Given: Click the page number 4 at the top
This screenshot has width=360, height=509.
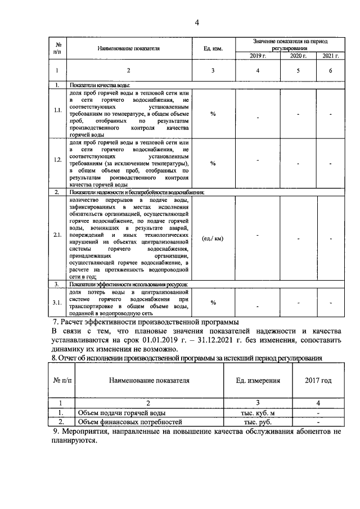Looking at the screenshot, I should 197,22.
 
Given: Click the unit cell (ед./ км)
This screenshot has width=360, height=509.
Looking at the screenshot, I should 213,238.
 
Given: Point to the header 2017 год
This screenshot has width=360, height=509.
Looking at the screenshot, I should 318,381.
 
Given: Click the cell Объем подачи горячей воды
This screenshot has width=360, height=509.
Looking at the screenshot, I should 121,413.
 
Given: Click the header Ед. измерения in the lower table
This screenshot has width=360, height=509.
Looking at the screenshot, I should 258,381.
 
